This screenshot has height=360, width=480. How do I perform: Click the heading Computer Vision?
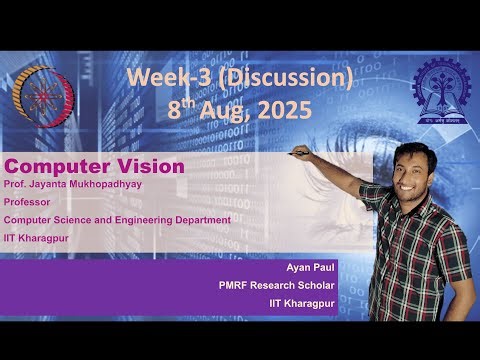[x=94, y=166]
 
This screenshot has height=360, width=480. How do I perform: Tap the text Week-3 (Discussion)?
[x=240, y=78]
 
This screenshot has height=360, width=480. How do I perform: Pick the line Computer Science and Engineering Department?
[x=117, y=219]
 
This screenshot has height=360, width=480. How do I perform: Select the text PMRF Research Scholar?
[x=277, y=285]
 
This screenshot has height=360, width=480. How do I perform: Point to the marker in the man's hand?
[x=298, y=153]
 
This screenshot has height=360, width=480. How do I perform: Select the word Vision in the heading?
[x=150, y=166]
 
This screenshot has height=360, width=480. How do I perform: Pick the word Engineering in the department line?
[x=150, y=219]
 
